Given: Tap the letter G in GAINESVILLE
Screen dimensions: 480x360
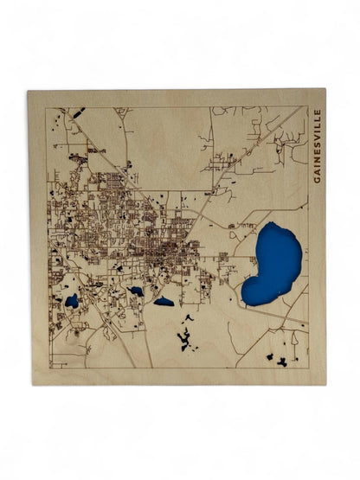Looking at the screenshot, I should [x=318, y=179].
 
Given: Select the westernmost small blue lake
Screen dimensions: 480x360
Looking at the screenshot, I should [x=72, y=301].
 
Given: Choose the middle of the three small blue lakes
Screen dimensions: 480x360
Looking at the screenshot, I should [x=136, y=291].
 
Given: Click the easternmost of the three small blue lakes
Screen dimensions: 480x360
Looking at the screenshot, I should [x=164, y=302].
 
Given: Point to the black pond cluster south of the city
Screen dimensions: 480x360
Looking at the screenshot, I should [x=186, y=336].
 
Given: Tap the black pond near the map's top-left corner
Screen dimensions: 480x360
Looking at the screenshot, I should [x=77, y=112].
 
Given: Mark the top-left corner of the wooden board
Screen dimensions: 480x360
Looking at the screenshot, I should [x=28, y=91].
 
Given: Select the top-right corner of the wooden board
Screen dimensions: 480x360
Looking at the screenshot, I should [x=326, y=89].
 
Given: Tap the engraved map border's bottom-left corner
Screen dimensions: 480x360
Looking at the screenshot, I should [x=48, y=368].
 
